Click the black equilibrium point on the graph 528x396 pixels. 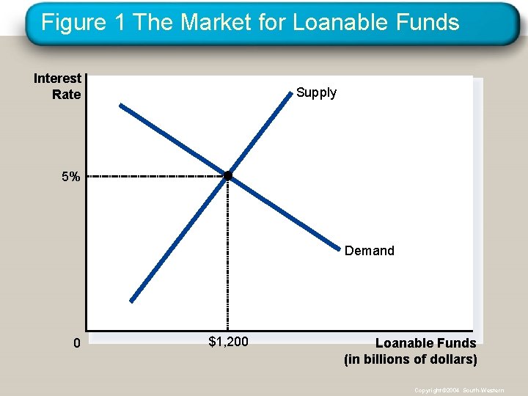coord(227,176)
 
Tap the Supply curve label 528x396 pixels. coord(316,92)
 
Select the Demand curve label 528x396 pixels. coord(369,251)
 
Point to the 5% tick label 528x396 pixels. coord(71,177)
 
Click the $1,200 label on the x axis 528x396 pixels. coord(228,341)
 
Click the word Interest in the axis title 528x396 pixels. coord(57,78)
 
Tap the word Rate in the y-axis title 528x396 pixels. coord(66,95)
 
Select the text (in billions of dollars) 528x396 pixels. coord(410,359)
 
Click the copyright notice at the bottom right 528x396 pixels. coord(459,390)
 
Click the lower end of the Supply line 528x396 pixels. coord(132,300)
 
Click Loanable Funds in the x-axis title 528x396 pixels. coord(425,343)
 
